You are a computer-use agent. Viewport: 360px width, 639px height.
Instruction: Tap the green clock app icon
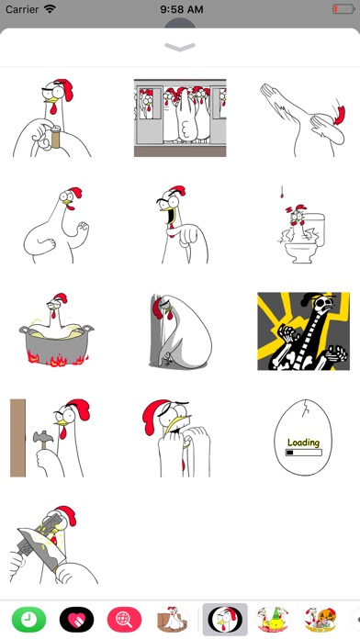29,620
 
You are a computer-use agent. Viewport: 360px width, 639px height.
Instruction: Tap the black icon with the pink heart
76,620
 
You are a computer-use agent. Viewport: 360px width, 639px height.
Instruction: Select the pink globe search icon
124,620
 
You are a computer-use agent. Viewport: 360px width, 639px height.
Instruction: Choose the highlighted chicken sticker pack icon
225,620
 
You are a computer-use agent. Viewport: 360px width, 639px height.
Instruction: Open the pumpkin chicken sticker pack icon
321,620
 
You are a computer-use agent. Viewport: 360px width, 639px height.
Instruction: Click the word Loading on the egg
303,443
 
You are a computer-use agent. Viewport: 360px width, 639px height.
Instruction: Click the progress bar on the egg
303,453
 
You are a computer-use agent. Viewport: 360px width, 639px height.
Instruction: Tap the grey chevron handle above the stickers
180,47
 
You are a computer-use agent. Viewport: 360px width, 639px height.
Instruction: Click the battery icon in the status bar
343,9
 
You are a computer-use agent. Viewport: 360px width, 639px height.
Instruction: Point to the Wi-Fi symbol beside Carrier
51,9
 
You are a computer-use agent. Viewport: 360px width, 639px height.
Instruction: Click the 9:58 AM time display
182,9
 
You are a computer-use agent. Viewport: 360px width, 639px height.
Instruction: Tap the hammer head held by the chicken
42,437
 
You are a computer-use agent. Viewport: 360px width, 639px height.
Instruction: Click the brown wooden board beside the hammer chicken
18,438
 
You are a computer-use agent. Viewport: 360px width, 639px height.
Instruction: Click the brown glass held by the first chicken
55,138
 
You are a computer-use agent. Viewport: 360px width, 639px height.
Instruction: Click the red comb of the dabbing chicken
340,115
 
